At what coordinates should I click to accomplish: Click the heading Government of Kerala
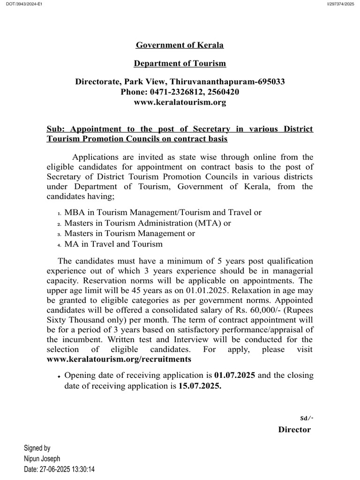click(180, 45)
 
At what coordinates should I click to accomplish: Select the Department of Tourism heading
click(180, 63)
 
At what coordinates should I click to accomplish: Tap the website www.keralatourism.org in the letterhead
click(180, 102)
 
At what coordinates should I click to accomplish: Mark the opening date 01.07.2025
click(234, 376)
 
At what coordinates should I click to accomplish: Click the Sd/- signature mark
click(307, 418)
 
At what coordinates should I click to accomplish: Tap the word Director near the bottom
click(294, 429)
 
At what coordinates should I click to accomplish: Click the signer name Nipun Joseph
click(42, 458)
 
